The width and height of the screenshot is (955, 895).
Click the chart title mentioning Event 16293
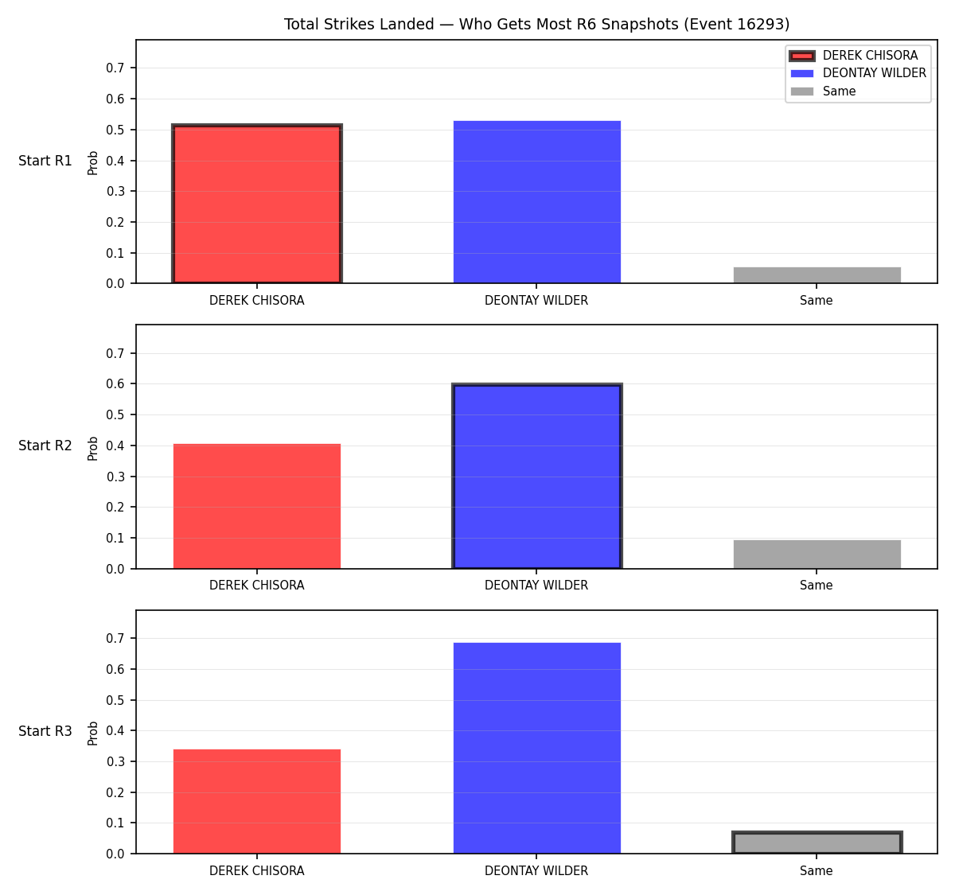point(536,24)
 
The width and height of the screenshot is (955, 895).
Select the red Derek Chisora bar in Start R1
point(257,204)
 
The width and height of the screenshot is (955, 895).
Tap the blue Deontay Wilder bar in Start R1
point(536,202)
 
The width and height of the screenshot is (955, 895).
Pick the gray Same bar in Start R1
point(817,275)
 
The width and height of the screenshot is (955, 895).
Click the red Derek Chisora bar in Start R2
point(257,506)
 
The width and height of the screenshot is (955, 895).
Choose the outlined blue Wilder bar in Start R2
point(536,476)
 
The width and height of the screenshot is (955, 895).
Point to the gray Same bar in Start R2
point(817,554)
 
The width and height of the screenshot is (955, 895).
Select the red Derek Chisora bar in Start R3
point(257,801)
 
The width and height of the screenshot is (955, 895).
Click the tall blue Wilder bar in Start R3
point(536,748)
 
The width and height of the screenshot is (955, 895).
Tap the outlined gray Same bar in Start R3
point(817,842)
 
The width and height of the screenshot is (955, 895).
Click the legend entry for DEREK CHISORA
point(854,56)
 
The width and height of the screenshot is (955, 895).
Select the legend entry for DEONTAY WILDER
point(858,73)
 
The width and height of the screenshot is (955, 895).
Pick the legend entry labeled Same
point(823,91)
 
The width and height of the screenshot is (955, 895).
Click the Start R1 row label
point(45,161)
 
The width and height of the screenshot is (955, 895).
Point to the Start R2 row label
point(45,446)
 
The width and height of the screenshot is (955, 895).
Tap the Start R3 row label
point(45,730)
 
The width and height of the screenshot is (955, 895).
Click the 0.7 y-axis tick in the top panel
point(115,68)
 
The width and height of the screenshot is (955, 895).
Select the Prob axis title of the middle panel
point(93,448)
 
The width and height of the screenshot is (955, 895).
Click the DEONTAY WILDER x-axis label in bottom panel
point(536,870)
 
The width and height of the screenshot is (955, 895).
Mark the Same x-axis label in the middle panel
point(816,585)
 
